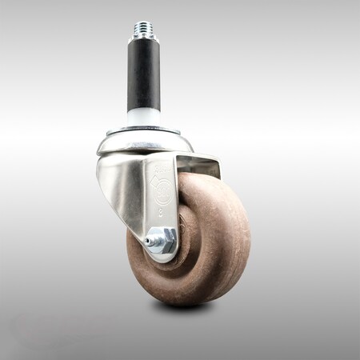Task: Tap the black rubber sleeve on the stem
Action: pos(144,76)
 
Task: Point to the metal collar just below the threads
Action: pos(144,42)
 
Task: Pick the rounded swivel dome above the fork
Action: pos(144,142)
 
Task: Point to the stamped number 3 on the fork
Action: pos(162,214)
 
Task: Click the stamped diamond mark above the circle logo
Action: pos(163,171)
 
